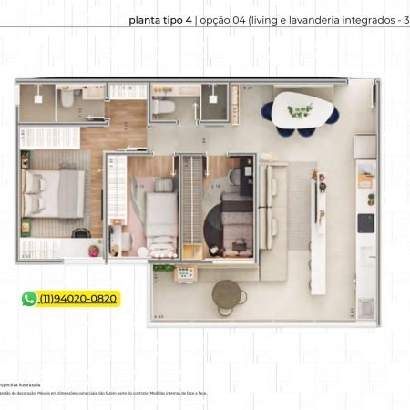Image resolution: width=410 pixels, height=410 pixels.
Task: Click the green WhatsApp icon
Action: tap(30, 299)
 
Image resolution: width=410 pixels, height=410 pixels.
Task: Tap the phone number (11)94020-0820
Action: tap(78, 299)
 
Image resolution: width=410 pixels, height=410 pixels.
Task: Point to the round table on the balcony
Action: tap(227, 293)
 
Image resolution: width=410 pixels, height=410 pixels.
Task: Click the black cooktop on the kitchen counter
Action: tap(366, 222)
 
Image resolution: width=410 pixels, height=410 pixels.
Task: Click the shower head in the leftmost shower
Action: tap(39, 97)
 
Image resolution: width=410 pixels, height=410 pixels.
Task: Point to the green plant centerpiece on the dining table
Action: tap(300, 111)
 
